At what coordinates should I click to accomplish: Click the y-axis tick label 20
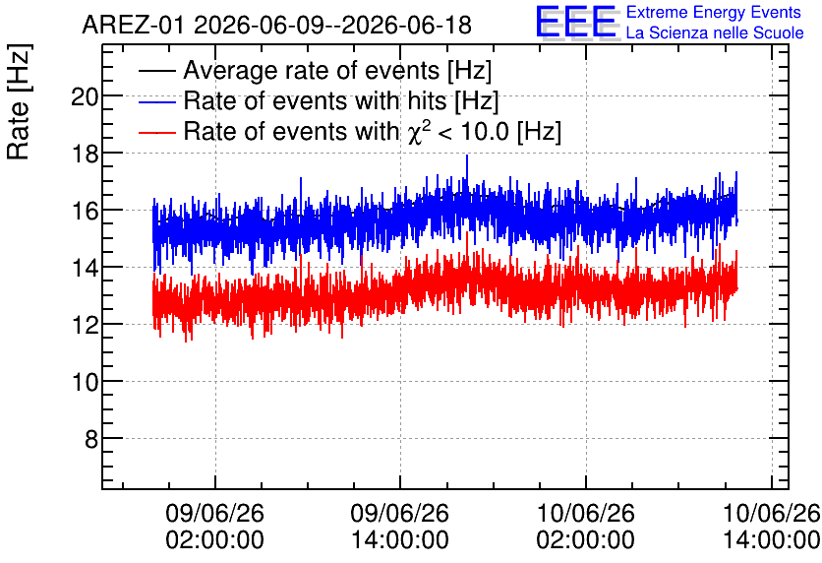(85, 96)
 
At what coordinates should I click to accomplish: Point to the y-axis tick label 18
(85, 154)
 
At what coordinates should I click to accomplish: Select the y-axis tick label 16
(85, 211)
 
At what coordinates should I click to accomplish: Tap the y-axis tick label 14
(85, 268)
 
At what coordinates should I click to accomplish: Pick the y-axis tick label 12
(85, 326)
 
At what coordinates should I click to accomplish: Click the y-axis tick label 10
(85, 383)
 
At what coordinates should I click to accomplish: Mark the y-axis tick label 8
(91, 439)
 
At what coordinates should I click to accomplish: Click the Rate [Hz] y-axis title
(19, 101)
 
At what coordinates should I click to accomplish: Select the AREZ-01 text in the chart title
(133, 25)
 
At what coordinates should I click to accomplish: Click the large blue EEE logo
(576, 23)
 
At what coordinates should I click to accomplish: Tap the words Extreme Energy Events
(714, 12)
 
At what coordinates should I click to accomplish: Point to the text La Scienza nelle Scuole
(715, 33)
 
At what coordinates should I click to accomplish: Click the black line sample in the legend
(156, 72)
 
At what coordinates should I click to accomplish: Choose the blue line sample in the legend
(156, 102)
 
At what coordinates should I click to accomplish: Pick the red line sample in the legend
(156, 132)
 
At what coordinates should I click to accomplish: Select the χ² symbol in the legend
(418, 131)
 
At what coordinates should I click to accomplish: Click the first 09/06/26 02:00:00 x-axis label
(215, 527)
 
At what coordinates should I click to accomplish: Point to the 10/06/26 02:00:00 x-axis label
(586, 527)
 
